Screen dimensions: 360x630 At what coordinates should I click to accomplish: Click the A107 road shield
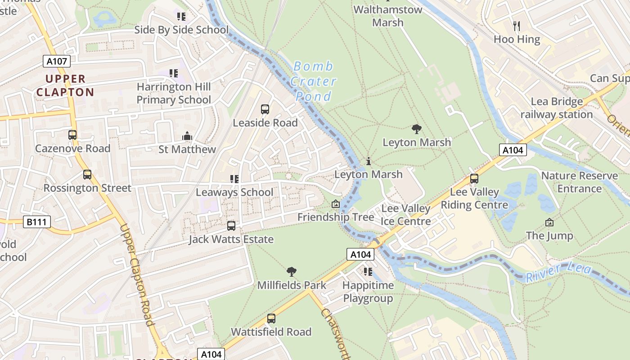pyautogui.click(x=57, y=61)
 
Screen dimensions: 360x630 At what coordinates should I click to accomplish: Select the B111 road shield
pyautogui.click(x=37, y=222)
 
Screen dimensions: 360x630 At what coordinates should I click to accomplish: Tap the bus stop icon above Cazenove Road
pyautogui.click(x=72, y=135)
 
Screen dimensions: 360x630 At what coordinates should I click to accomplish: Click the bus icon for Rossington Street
pyautogui.click(x=87, y=175)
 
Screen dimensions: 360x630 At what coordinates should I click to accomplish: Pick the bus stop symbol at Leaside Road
pyautogui.click(x=265, y=109)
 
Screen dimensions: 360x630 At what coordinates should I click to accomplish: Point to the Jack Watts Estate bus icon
pyautogui.click(x=231, y=226)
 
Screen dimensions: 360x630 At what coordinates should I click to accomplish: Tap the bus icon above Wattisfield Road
pyautogui.click(x=271, y=319)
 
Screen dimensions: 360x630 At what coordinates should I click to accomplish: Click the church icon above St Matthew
pyautogui.click(x=187, y=136)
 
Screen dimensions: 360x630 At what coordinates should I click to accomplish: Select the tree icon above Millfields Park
pyautogui.click(x=292, y=272)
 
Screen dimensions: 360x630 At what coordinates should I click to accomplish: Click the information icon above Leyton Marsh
pyautogui.click(x=369, y=161)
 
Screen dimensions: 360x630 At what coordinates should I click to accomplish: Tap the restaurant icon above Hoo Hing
pyautogui.click(x=517, y=26)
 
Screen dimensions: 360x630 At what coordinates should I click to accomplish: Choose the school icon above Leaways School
pyautogui.click(x=234, y=179)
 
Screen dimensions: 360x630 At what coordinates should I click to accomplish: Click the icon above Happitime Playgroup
pyautogui.click(x=368, y=272)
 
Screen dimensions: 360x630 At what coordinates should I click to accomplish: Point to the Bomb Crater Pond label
pyautogui.click(x=313, y=81)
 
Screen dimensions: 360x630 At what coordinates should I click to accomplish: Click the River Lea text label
pyautogui.click(x=559, y=272)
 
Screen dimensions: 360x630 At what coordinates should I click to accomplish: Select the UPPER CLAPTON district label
pyautogui.click(x=65, y=85)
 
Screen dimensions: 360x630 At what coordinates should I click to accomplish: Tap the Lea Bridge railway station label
pyautogui.click(x=557, y=108)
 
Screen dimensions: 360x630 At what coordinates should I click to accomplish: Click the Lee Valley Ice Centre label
pyautogui.click(x=406, y=215)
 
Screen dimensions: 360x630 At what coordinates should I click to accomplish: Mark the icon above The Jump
pyautogui.click(x=549, y=222)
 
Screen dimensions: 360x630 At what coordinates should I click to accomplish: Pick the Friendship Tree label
pyautogui.click(x=336, y=217)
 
